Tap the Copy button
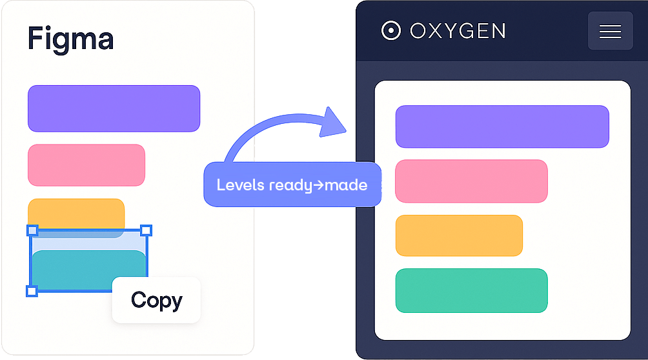[156, 300]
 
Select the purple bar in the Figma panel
[114, 108]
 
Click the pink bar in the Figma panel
[86, 165]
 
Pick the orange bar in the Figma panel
[76, 213]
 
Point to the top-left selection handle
[32, 230]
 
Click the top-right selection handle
[146, 230]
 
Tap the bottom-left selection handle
[32, 291]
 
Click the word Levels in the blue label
[241, 185]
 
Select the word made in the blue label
[346, 185]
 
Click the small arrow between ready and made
[319, 185]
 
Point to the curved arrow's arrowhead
[332, 123]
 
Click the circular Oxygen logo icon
[391, 30]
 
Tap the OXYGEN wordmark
[458, 31]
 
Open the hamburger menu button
[611, 31]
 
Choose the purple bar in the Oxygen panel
[502, 126]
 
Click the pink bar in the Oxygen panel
[472, 181]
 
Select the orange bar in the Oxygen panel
[459, 235]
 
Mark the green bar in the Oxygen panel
[472, 290]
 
